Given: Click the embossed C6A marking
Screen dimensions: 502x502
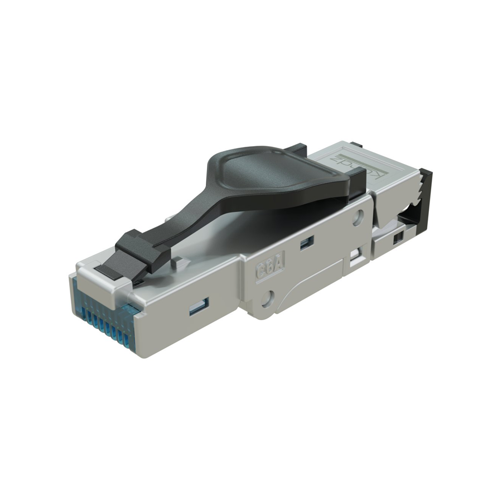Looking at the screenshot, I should pos(267,269).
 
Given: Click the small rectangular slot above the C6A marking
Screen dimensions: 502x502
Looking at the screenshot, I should pos(306,242).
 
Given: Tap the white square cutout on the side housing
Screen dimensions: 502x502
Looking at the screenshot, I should pos(355,257).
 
